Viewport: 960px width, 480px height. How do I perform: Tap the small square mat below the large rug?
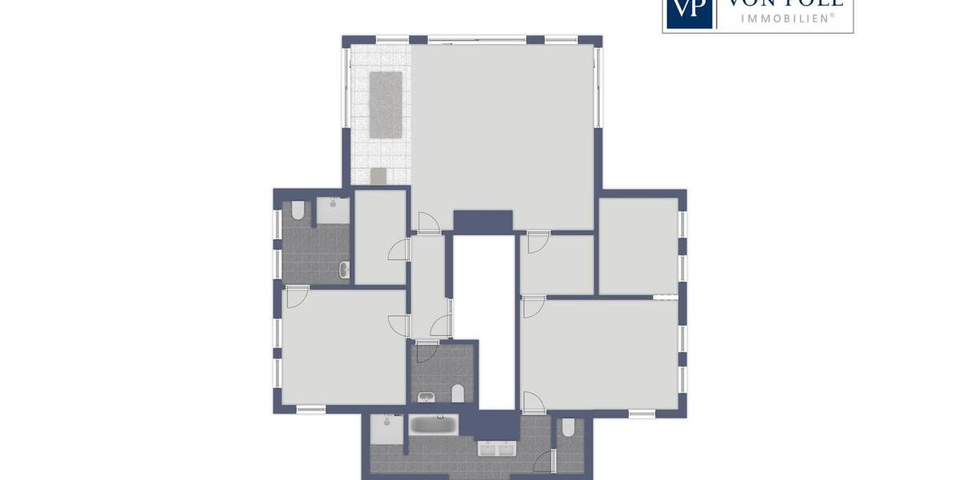tap(378, 175)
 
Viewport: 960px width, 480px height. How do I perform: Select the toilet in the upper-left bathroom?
tap(298, 211)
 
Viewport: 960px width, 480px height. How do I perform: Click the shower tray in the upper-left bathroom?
tap(332, 210)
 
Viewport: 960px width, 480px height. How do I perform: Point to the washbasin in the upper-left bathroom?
tap(344, 270)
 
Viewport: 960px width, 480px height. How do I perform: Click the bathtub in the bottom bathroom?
tap(434, 424)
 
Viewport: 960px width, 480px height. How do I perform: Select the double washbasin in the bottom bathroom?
tap(498, 449)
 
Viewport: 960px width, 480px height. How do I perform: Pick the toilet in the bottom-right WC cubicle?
tap(568, 428)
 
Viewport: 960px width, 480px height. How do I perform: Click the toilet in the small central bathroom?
tap(458, 393)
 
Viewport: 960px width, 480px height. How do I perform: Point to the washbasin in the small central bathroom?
tap(426, 397)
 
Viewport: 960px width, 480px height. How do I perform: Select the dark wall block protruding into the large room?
tap(482, 222)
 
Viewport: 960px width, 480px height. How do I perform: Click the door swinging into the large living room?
tap(428, 223)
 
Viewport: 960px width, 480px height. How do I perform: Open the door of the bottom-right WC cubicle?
tap(545, 462)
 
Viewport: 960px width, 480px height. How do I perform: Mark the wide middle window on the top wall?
tap(477, 38)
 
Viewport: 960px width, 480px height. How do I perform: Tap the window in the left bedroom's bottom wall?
tap(310, 409)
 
